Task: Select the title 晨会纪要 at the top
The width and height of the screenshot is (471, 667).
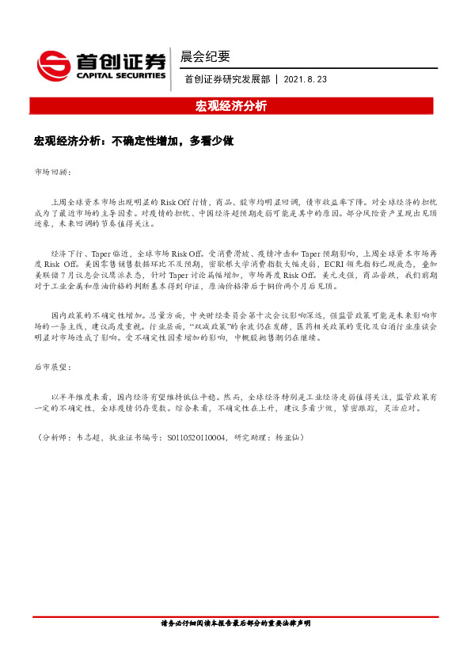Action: click(205, 56)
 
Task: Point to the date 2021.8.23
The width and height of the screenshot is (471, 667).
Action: click(304, 80)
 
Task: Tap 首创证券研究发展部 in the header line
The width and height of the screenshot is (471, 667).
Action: click(226, 80)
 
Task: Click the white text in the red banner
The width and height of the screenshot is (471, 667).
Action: click(231, 105)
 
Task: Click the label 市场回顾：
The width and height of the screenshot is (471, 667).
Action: click(52, 171)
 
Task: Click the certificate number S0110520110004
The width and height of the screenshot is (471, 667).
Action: click(193, 436)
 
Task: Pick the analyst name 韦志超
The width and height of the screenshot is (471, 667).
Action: click(86, 436)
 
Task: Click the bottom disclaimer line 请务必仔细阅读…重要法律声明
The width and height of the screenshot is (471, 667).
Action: click(235, 623)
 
